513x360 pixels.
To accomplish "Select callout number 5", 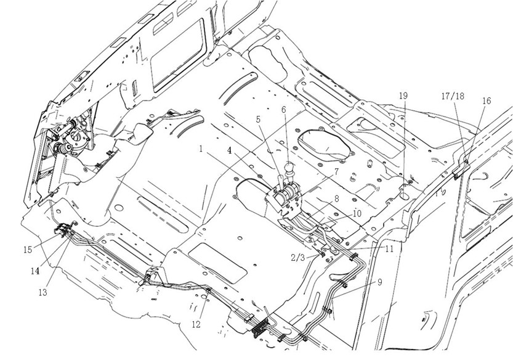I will pos(259,120).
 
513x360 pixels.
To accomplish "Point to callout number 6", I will pos(284,110).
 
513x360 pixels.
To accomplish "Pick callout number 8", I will pos(336,199).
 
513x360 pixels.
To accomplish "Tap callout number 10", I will pos(357,213).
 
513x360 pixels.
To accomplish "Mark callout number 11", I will pos(389,249).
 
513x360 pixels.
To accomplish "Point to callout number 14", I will pos(36,270).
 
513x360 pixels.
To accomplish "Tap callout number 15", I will pos(28,250).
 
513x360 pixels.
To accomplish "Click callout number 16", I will pos(487,100).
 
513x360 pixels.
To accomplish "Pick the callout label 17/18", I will pos(454,96).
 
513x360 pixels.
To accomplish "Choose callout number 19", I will pos(403,96).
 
